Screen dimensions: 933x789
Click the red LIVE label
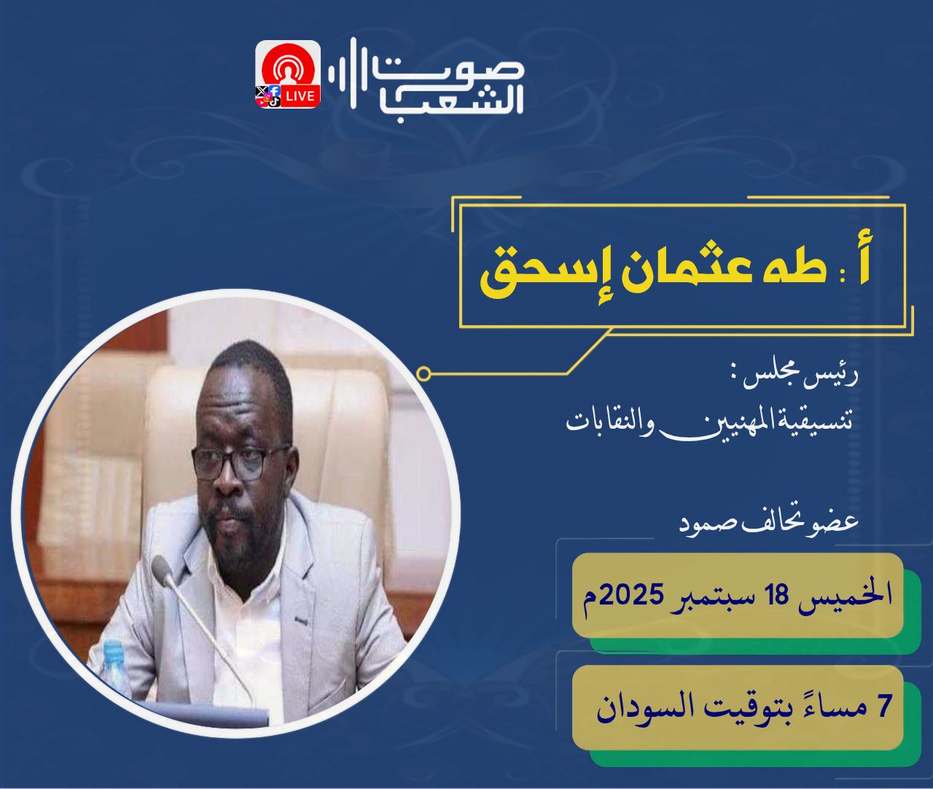pyautogui.click(x=300, y=96)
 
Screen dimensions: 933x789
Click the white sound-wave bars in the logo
pyautogui.click(x=349, y=74)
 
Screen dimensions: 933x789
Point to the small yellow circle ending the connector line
pyautogui.click(x=423, y=374)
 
